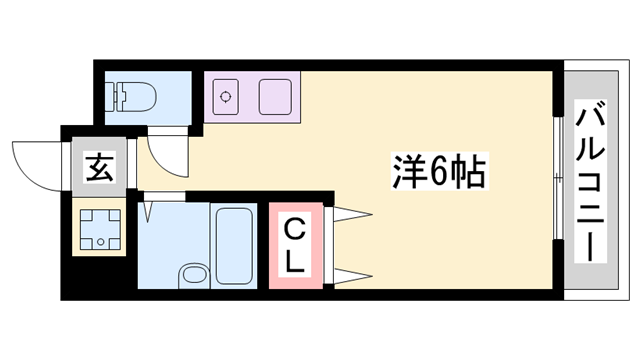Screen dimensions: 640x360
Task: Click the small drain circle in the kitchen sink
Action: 227,97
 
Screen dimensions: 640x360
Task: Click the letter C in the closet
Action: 296,229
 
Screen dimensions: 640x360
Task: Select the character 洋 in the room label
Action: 408,173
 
